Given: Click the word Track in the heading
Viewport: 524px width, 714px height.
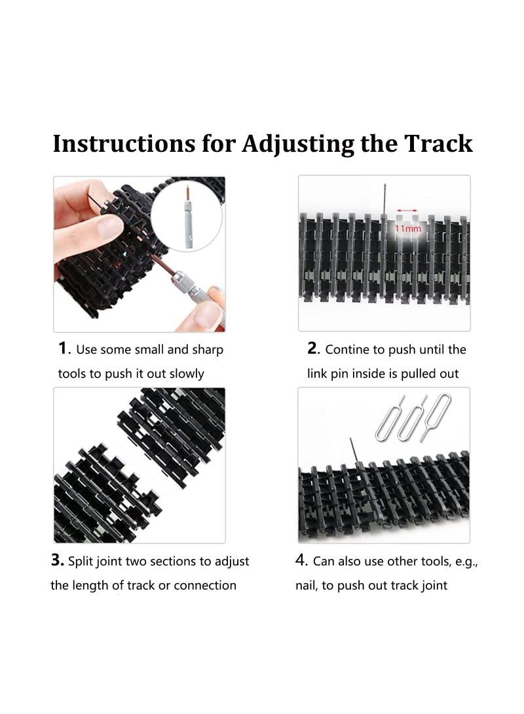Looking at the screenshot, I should tap(440, 143).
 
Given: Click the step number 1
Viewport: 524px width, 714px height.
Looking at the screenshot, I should tap(64, 348).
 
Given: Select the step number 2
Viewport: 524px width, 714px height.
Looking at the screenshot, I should tap(312, 348).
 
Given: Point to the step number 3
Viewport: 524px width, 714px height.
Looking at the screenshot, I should tap(56, 561).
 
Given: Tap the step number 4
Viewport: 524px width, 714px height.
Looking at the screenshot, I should tap(302, 561).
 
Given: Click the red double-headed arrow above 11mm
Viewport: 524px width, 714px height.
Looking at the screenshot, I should tap(407, 211).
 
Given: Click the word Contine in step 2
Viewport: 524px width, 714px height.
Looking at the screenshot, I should tap(347, 349).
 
